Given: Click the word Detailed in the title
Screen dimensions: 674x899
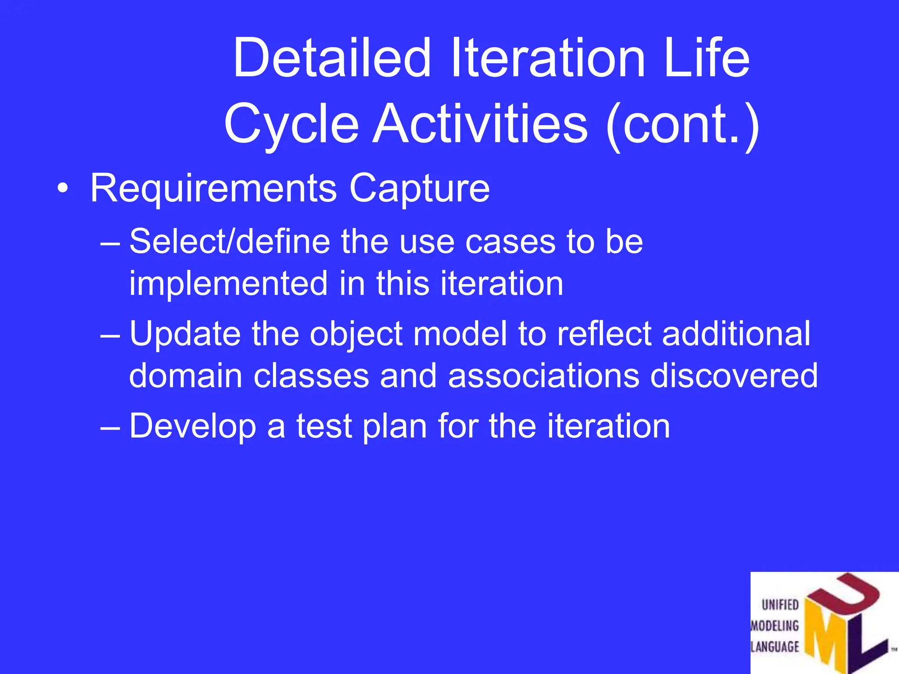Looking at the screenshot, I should click(331, 58).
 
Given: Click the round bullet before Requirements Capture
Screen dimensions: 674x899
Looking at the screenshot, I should click(63, 189).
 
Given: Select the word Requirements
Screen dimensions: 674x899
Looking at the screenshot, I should click(213, 188).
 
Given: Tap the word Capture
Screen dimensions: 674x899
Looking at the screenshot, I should click(419, 189).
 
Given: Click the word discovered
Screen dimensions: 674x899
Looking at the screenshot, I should click(734, 376).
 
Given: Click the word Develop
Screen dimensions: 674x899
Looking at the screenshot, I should click(193, 427).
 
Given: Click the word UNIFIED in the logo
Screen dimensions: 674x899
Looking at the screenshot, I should click(780, 605).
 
